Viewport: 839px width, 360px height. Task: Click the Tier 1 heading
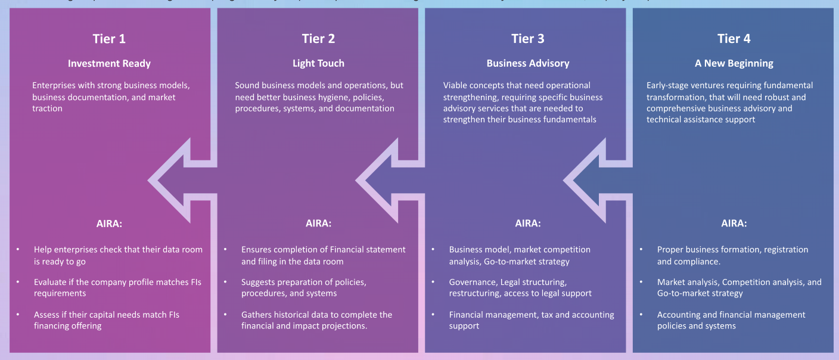(x=109, y=39)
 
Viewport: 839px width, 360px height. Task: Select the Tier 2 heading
(x=318, y=39)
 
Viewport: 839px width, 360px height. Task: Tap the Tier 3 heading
(x=527, y=39)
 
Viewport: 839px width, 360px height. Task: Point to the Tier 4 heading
(x=734, y=39)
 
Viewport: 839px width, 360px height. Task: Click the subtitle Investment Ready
(x=109, y=63)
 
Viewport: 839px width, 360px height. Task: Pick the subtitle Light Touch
(x=318, y=63)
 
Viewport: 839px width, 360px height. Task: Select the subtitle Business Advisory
(x=527, y=63)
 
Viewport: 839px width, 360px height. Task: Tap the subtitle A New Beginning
(x=734, y=63)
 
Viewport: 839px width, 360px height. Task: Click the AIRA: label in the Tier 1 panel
(x=109, y=224)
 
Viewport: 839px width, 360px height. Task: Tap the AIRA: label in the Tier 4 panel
(x=734, y=224)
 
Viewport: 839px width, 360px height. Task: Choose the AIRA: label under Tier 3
(x=527, y=224)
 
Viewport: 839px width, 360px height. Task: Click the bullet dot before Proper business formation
(x=641, y=250)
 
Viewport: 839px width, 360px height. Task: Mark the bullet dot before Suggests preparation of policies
(x=225, y=282)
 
